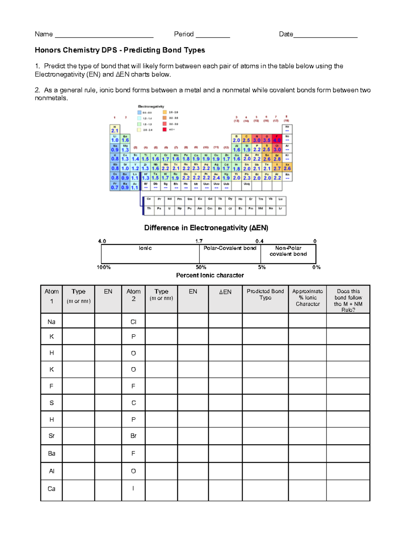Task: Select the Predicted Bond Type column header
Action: tap(265, 295)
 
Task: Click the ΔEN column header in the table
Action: tap(225, 292)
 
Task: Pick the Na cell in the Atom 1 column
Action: tap(51, 322)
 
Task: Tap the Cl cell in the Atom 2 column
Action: tap(133, 322)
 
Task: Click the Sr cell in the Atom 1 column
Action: tap(51, 436)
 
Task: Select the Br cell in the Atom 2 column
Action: tap(133, 436)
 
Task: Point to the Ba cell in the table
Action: tap(51, 453)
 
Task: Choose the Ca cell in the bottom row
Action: tap(51, 489)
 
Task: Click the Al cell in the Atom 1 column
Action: tap(51, 471)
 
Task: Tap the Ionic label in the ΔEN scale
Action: tap(145, 248)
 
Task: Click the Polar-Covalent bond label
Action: tap(230, 248)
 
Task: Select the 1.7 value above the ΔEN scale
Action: tap(199, 241)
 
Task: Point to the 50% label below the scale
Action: tap(201, 267)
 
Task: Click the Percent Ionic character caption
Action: tap(210, 275)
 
